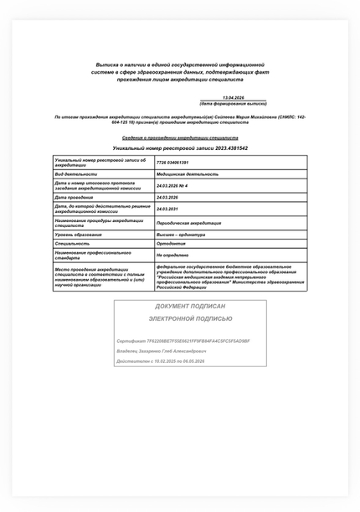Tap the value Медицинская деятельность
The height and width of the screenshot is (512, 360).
coord(187,173)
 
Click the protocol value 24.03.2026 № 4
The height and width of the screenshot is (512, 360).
coord(172,185)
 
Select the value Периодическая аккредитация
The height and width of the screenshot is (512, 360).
coord(188,223)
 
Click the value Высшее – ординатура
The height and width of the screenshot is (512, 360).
coord(180,235)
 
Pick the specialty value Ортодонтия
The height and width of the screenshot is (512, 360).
coord(170,243)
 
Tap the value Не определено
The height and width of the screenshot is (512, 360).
coord(172,254)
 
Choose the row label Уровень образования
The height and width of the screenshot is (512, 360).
coord(78,235)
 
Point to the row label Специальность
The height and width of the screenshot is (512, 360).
coord(72,243)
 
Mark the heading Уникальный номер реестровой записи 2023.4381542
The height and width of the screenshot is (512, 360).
coord(180,147)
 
